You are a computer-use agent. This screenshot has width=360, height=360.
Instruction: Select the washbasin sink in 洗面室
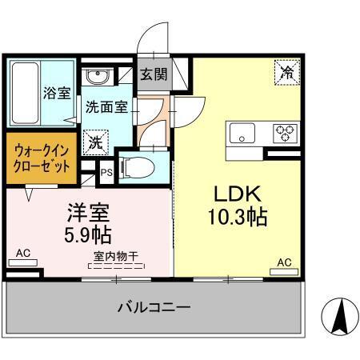click(98, 78)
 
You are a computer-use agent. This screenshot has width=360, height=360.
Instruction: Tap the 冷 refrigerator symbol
click(286, 72)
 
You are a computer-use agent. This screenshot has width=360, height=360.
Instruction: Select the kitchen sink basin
click(240, 133)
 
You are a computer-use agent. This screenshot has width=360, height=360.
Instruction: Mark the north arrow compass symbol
click(338, 315)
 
